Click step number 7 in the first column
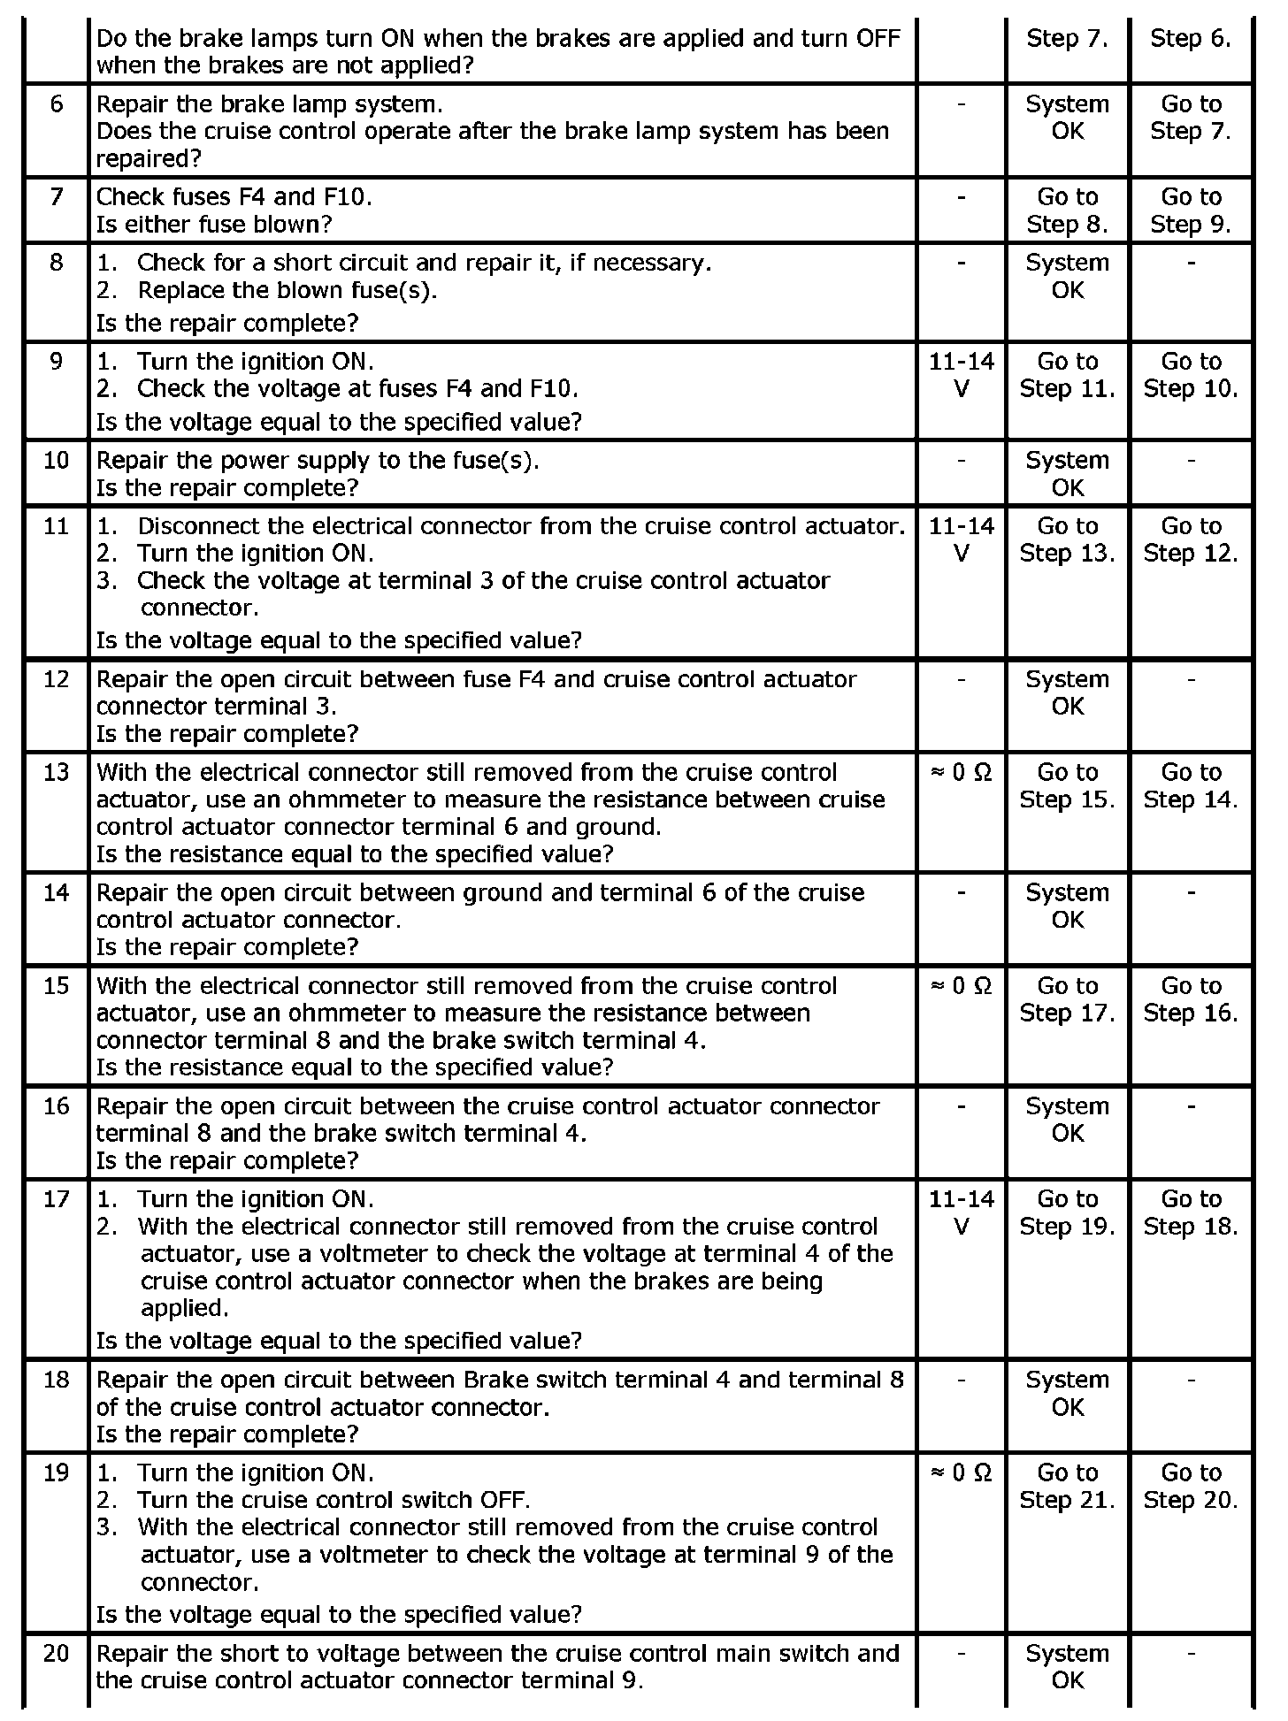[56, 196]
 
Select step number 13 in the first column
[56, 772]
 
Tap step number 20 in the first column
[56, 1653]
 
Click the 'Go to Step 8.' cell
[1067, 210]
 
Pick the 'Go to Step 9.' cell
[1191, 210]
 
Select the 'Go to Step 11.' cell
[1067, 375]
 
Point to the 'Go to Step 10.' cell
[1191, 375]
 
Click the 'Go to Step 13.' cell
[1067, 539]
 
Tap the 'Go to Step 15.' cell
[1067, 785]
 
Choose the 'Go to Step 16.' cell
[1191, 999]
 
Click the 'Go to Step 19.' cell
[1067, 1212]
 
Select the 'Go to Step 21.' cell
[1067, 1486]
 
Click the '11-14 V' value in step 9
[962, 375]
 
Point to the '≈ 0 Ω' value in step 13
[962, 772]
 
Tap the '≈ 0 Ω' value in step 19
[962, 1472]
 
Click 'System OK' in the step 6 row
[1067, 117]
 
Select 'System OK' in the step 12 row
[1067, 692]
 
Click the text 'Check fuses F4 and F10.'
[234, 196]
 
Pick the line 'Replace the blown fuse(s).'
[287, 290]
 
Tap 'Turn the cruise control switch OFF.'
[333, 1500]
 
